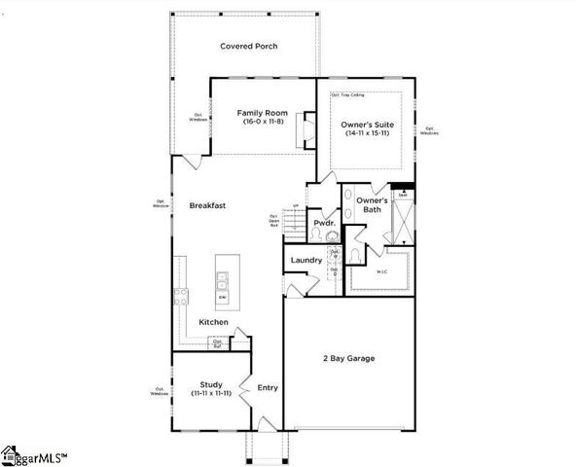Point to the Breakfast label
pos(207,205)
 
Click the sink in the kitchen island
pos(222,281)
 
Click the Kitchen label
pos(213,322)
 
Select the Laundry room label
pos(306,260)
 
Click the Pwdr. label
pos(323,223)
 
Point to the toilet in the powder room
pos(331,235)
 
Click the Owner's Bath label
pos(372,204)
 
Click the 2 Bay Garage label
pos(350,358)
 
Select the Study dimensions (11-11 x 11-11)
pos(212,393)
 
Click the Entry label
pos(268,387)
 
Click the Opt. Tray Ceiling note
pos(346,95)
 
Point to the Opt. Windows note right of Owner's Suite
pos(429,131)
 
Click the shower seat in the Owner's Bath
pos(401,195)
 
